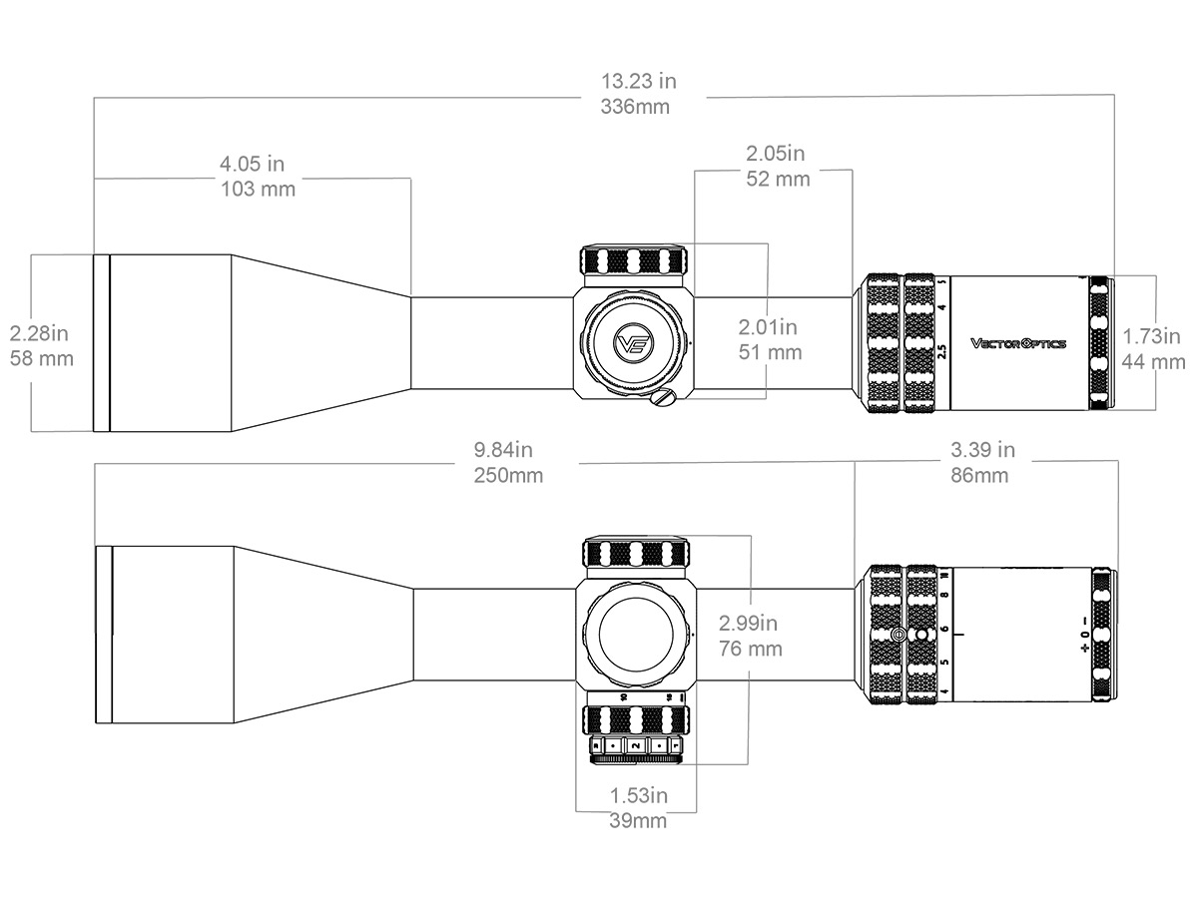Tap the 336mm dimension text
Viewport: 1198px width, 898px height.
635,107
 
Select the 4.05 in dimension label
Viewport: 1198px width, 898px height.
253,163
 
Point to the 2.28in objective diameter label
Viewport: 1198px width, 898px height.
41,332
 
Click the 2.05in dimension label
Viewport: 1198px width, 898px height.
776,154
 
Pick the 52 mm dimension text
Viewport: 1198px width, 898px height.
778,180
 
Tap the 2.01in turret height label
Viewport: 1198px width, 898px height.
769,326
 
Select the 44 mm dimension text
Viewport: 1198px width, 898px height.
1154,361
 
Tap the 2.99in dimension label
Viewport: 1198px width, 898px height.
749,624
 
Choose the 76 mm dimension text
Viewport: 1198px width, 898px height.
751,649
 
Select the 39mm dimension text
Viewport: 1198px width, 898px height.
637,821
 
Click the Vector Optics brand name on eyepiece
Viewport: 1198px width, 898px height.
1018,343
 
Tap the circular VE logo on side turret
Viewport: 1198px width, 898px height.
633,343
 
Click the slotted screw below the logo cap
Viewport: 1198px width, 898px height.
661,398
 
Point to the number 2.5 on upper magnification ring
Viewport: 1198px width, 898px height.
942,351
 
